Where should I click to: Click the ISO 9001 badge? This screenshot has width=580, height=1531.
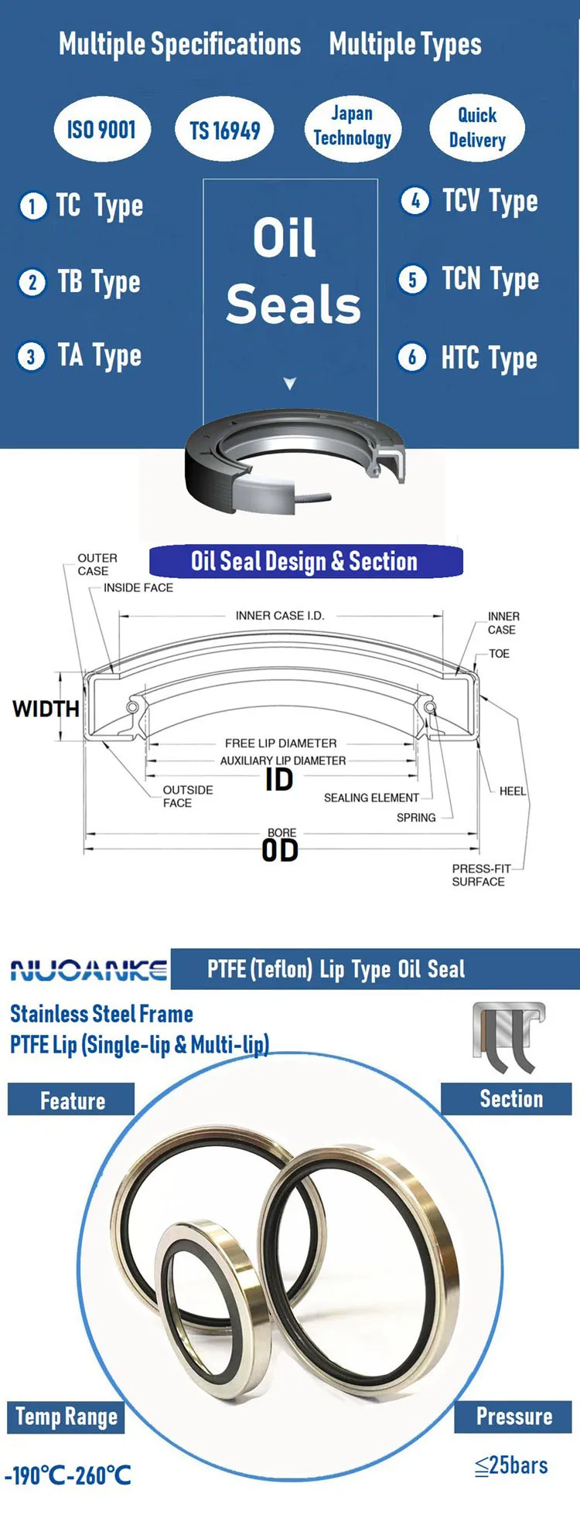point(101,129)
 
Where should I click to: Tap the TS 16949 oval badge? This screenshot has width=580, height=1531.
point(225,130)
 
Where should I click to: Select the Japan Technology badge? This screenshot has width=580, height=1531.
point(352,127)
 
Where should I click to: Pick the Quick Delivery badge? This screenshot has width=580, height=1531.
point(477,128)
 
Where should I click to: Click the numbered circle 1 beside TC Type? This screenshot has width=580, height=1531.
point(32,206)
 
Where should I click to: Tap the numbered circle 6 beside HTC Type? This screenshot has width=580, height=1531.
point(411,357)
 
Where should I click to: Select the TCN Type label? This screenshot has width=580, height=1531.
point(490,279)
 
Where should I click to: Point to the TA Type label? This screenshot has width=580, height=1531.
point(99,356)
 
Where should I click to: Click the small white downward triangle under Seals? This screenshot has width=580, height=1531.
point(290,383)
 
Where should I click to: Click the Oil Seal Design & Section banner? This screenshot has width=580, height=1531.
point(305,561)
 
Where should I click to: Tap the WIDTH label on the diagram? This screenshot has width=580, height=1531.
point(46,709)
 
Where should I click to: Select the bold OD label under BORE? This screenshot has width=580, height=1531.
point(280,851)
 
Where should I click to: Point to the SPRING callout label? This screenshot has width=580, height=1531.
point(416,818)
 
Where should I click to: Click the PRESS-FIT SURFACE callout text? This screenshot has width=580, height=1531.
point(479,875)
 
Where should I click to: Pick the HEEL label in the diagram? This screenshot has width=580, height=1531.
point(512,791)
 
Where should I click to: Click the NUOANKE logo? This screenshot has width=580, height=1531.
point(89,970)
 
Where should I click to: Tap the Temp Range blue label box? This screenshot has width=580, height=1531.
point(67,1417)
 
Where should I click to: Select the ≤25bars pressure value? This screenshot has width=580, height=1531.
point(511,1465)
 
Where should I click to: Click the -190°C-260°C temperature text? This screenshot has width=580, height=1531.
point(68,1475)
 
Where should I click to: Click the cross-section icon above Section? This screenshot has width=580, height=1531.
point(508,1037)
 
